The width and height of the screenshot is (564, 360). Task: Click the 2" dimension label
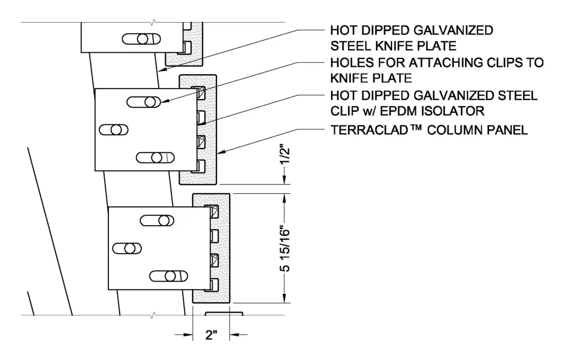211,335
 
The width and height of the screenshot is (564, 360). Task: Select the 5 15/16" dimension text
285,248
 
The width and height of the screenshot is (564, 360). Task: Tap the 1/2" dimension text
285,155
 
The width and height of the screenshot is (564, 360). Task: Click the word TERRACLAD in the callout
369,130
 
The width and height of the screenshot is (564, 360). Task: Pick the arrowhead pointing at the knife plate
162,69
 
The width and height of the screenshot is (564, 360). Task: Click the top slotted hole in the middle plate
144,102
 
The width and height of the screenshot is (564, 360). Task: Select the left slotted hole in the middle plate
113,130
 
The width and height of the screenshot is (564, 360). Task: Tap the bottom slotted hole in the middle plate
155,157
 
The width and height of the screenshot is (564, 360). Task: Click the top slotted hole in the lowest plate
157,221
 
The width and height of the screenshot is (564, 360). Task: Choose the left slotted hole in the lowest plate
127,248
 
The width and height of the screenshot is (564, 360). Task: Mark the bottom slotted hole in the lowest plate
169,276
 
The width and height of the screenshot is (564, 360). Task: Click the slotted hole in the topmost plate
142,39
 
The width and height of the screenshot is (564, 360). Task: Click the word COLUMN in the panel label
454,130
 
